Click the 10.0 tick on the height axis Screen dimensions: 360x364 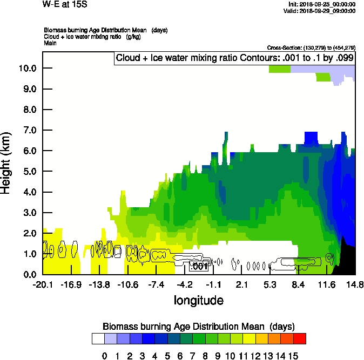tap(27, 69)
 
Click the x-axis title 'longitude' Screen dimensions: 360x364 tap(198, 300)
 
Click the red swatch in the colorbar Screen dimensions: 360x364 tap(299, 339)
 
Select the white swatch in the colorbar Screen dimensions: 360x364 tap(98, 339)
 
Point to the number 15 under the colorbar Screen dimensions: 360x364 tap(293, 356)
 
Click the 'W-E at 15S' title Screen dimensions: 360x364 tap(64, 4)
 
